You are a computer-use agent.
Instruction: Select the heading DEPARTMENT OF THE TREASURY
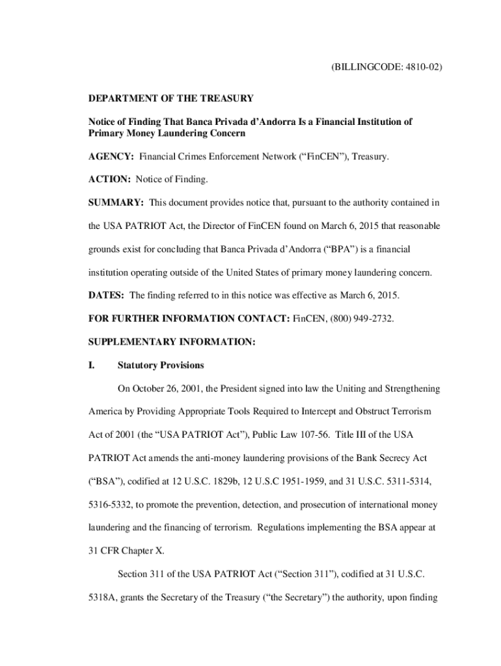[x=171, y=99]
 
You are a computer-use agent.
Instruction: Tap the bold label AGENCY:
[x=112, y=157]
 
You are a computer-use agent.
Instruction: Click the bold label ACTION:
[x=110, y=179]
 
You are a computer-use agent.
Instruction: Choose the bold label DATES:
[x=107, y=295]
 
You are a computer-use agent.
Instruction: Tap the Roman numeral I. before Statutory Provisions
[x=92, y=365]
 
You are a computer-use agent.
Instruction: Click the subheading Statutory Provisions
[x=161, y=365]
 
